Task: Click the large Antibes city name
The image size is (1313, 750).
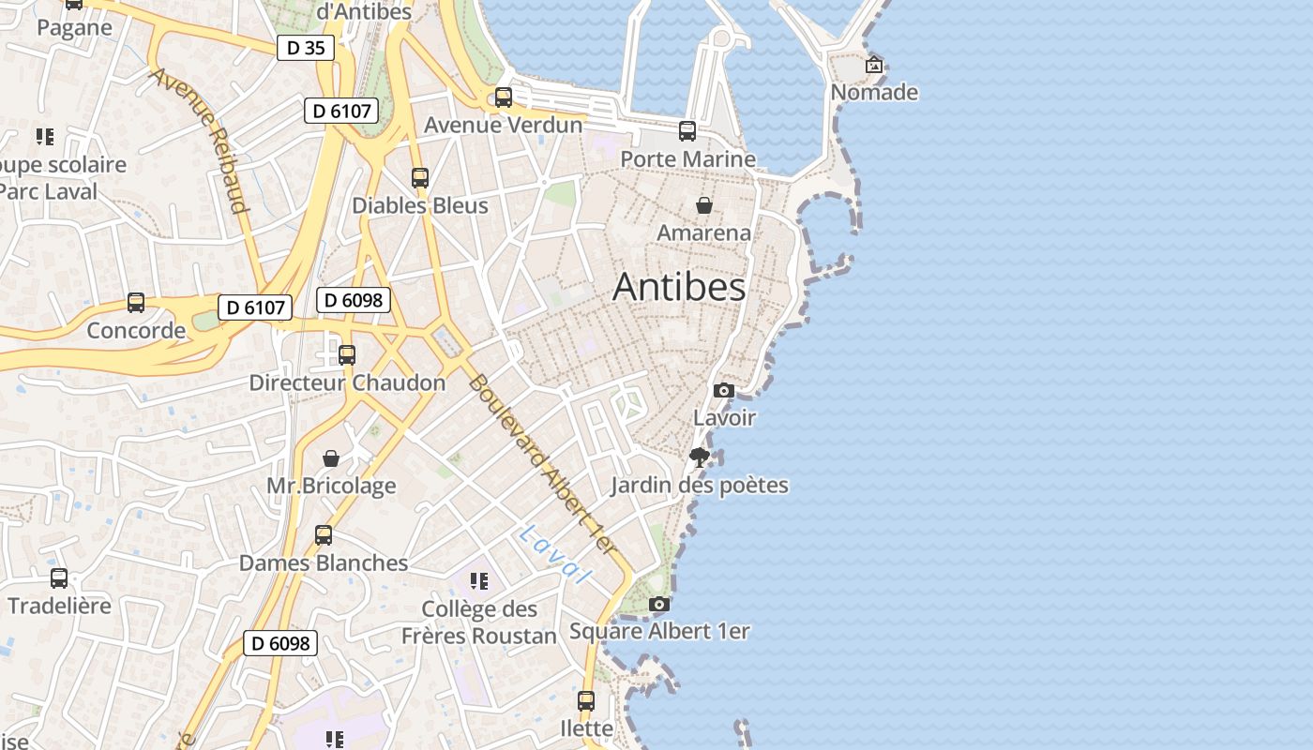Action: [679, 288]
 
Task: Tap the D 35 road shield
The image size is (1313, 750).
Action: [306, 48]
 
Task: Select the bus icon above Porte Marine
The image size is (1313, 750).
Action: [687, 131]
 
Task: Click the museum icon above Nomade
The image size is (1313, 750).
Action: [874, 65]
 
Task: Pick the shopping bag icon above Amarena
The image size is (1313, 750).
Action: [704, 205]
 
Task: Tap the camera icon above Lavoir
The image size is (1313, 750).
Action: [723, 390]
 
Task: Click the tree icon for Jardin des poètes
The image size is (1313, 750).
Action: [699, 457]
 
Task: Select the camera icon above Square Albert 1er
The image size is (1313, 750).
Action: [659, 604]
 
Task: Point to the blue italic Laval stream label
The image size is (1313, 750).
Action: [555, 554]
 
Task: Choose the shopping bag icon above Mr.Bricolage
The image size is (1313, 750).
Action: [331, 458]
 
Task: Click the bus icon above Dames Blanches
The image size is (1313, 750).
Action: [324, 535]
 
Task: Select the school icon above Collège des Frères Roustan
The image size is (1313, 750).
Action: [479, 581]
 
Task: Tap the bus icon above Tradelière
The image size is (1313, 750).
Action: [59, 578]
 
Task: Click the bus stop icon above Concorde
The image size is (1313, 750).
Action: [136, 303]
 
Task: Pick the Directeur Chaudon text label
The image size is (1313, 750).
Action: [347, 382]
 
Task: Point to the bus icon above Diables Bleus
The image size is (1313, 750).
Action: [420, 177]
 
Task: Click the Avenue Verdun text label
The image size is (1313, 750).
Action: [504, 125]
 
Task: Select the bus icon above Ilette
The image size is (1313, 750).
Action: [586, 700]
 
